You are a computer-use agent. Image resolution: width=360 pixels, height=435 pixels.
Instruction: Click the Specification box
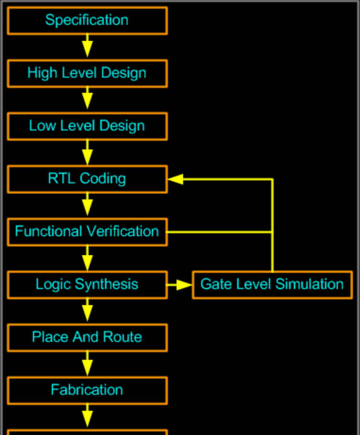coord(87,21)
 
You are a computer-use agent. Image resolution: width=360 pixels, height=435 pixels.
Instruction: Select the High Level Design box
coord(87,74)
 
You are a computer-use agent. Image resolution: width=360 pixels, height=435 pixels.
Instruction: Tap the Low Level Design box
coord(87,127)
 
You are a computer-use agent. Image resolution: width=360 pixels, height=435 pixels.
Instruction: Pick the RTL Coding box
coord(87,179)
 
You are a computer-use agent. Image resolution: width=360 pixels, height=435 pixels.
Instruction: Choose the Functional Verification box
coord(87,232)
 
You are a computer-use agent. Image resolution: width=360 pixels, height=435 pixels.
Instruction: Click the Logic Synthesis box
coord(87,285)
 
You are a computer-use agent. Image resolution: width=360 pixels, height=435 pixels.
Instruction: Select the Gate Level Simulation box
coord(273,285)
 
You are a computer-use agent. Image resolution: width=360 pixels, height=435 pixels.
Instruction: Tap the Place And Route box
coord(87,338)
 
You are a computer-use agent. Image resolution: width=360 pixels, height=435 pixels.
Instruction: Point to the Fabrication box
coord(87,390)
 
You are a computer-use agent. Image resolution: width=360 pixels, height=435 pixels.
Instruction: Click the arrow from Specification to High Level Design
coord(87,46)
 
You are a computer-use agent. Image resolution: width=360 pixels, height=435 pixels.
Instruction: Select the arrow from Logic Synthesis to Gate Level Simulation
coord(179,285)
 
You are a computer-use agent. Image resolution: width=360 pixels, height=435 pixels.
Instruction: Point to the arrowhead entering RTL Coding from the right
coord(176,179)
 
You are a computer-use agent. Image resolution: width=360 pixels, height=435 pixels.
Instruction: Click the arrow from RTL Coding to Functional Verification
coord(87,204)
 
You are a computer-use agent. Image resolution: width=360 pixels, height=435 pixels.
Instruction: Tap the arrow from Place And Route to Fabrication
coord(87,363)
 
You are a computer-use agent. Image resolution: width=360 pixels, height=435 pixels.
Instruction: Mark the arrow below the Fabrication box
coord(87,415)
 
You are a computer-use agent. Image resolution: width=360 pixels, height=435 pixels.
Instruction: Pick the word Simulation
coord(310,285)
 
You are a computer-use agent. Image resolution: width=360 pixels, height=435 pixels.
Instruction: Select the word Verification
coord(123,232)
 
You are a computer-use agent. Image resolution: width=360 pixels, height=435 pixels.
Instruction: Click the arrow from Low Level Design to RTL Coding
coord(87,152)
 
